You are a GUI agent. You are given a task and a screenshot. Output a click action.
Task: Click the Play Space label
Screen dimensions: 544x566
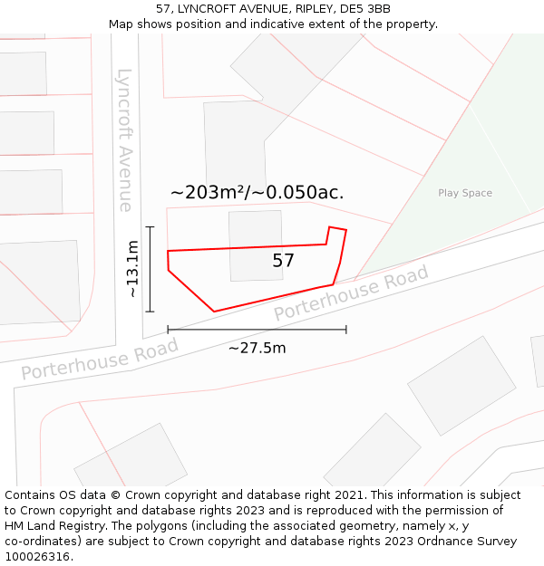pos(465,193)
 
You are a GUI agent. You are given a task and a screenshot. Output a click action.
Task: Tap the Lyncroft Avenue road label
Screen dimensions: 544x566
pos(125,140)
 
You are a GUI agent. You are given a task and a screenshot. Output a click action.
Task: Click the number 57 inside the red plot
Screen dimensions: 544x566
pos(284,261)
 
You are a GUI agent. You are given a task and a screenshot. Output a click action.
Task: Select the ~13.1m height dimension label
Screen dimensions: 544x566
pos(132,269)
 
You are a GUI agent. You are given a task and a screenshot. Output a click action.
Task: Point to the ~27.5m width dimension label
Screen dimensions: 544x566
pos(257,348)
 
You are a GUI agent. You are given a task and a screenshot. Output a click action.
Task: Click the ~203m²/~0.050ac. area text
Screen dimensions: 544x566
pos(257,192)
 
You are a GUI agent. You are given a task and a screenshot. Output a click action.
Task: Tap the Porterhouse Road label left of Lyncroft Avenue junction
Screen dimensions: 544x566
pos(100,359)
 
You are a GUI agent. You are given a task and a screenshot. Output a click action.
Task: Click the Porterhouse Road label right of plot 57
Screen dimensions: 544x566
pos(351,293)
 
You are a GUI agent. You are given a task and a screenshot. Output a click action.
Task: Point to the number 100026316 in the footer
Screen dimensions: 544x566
pos(36,556)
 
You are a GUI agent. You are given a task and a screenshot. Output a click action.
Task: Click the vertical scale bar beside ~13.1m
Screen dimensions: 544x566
pos(150,269)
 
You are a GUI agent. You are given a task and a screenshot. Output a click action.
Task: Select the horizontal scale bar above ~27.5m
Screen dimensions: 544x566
pos(257,330)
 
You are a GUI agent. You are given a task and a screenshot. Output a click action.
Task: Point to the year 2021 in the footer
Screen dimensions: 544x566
pos(349,494)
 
